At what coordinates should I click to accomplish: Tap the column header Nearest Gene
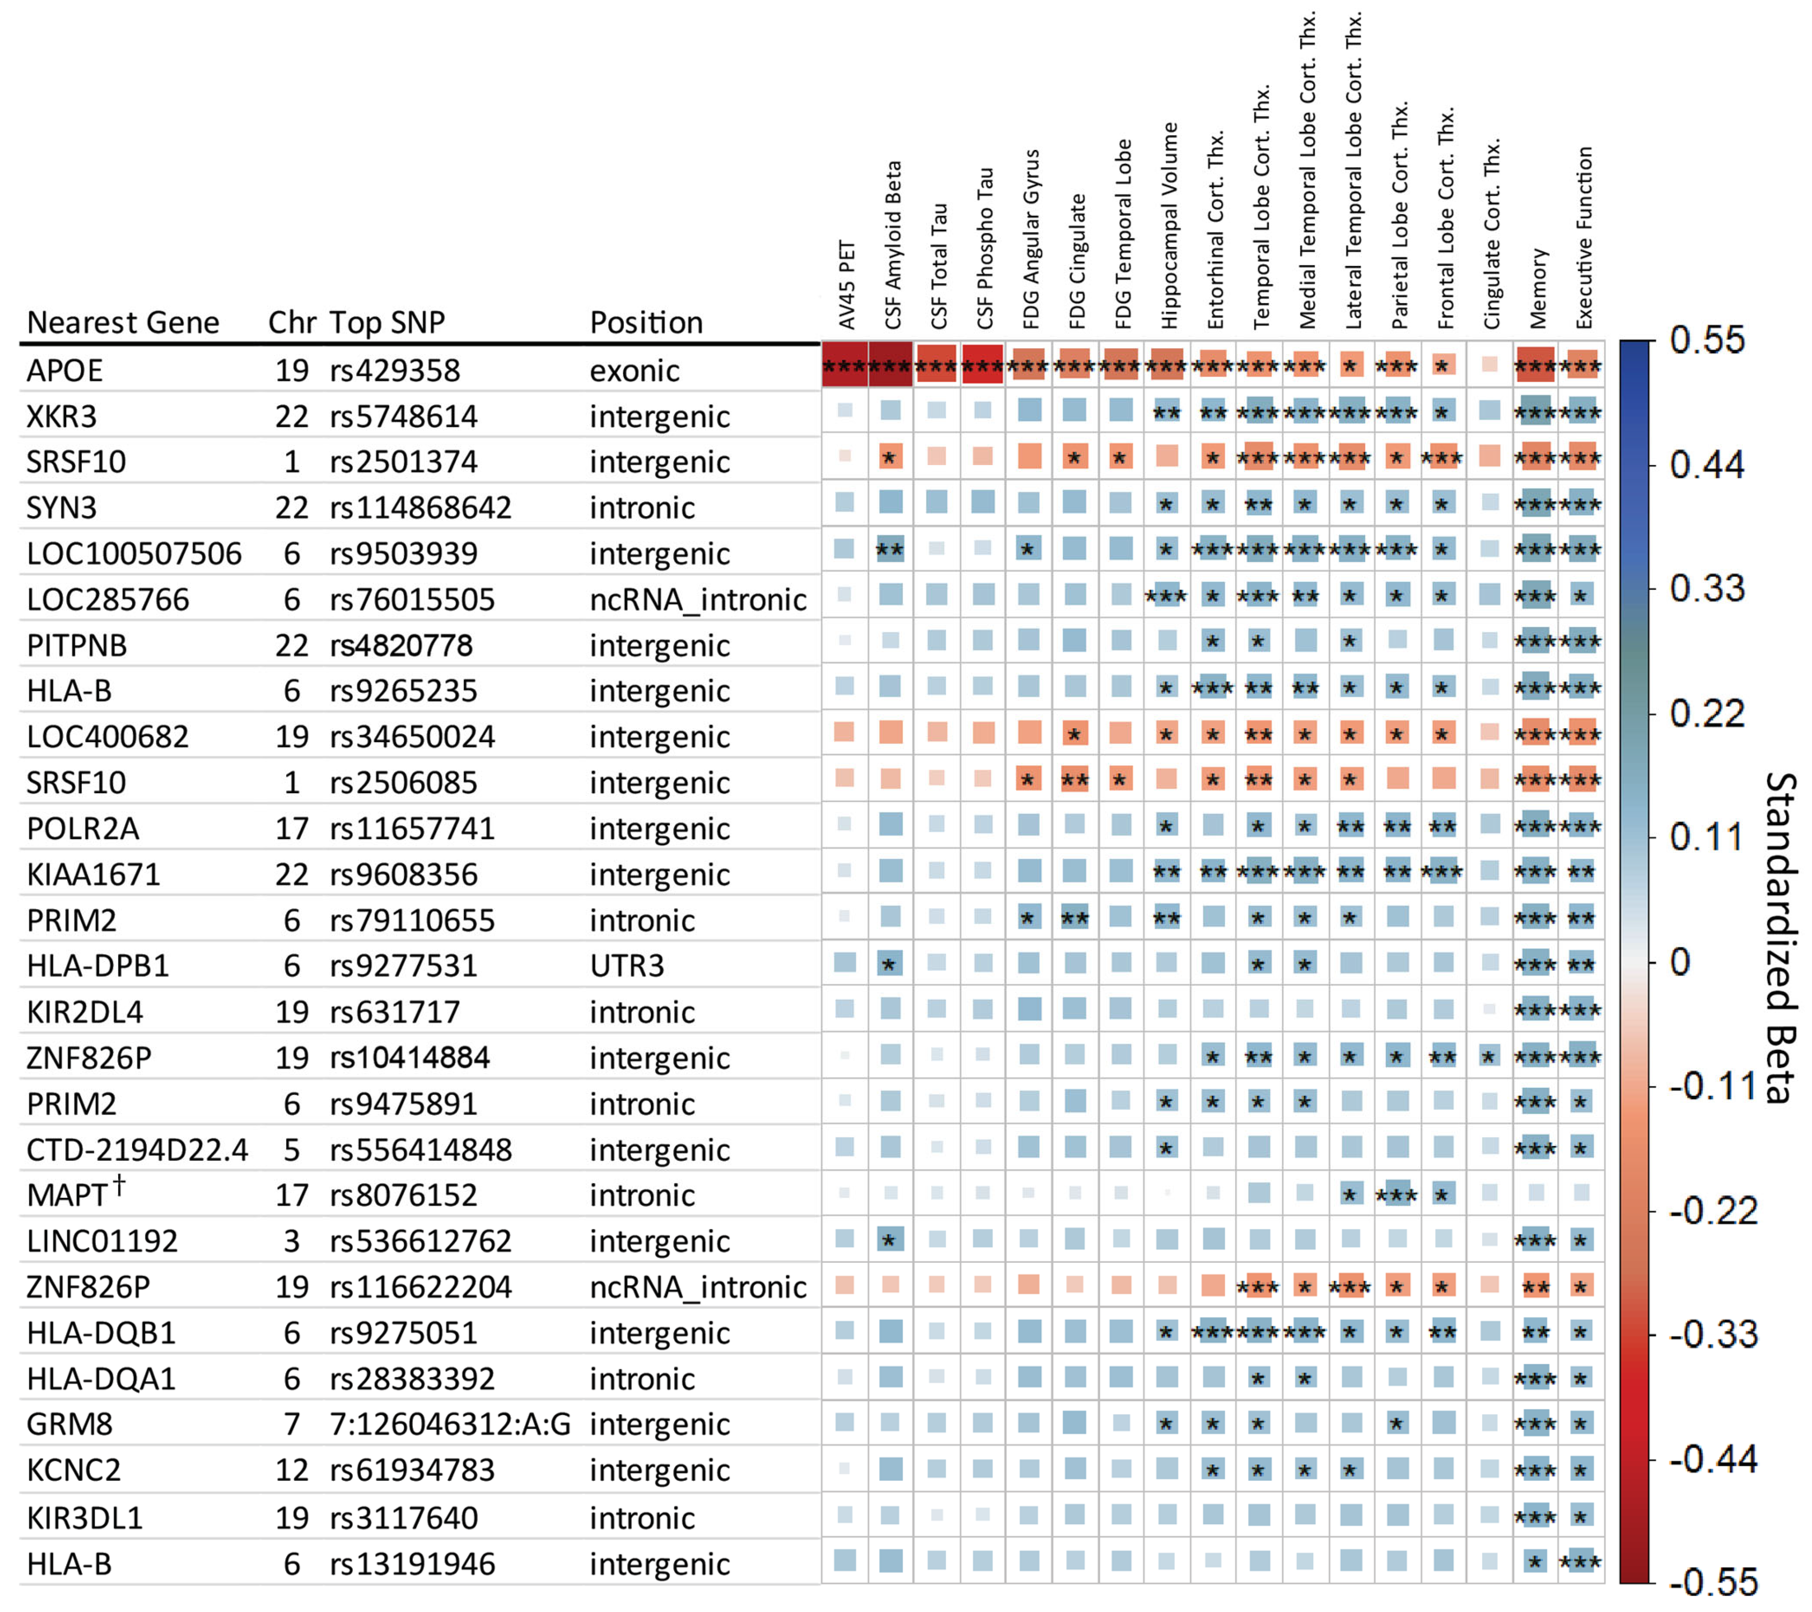tap(123, 322)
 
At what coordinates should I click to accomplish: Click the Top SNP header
tap(387, 322)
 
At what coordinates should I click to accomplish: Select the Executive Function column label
tap(1584, 237)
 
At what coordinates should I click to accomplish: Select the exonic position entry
tap(635, 370)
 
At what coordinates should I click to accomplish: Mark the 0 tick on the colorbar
tap(1680, 961)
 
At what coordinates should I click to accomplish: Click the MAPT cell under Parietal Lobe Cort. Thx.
tap(1397, 1194)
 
